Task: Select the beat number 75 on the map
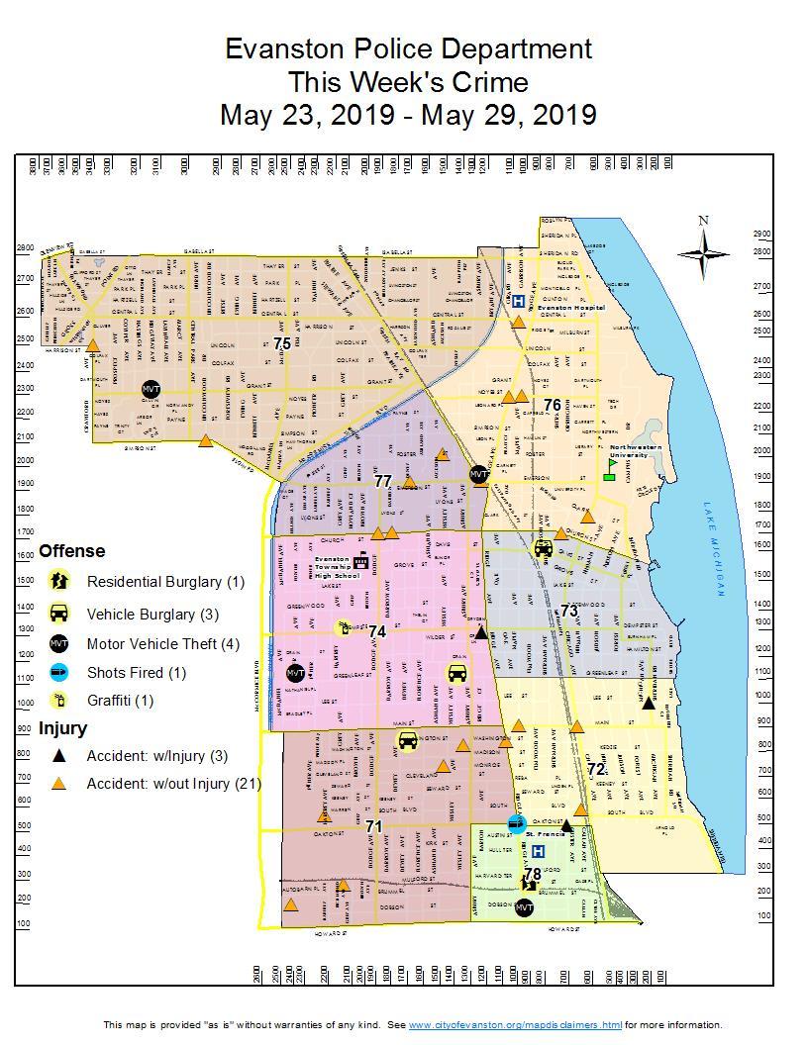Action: [x=282, y=343]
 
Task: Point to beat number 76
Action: [x=552, y=405]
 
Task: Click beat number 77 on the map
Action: [x=383, y=481]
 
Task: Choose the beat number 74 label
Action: [x=376, y=630]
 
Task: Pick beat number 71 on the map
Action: [x=373, y=825]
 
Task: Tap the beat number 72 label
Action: [x=595, y=769]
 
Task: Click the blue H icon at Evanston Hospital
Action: [x=518, y=301]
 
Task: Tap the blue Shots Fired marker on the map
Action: [x=516, y=823]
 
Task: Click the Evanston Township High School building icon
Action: [x=361, y=561]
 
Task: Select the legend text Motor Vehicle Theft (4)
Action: [x=162, y=644]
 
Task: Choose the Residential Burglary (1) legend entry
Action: [x=164, y=582]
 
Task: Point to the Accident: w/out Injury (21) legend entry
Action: [x=173, y=784]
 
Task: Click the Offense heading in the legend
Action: [x=71, y=551]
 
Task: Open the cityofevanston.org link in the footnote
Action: [x=515, y=1025]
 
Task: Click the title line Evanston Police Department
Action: [x=408, y=48]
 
